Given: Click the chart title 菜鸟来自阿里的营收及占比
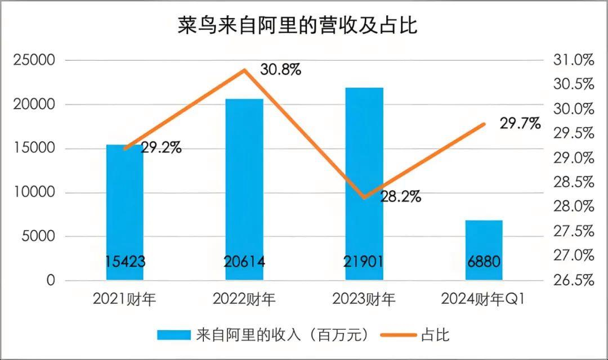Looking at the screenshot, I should (298, 25).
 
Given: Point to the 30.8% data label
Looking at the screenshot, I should (280, 70).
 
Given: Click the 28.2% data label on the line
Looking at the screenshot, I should (400, 197).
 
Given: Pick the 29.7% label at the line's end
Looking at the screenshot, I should (520, 124).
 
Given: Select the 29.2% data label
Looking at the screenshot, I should (161, 148).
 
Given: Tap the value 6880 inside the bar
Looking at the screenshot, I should (484, 262).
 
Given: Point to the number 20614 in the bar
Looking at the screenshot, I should (244, 262).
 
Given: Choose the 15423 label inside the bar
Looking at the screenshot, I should (125, 262).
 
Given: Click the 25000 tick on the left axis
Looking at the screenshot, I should (34, 60).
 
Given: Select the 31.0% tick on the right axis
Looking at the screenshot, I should (575, 60).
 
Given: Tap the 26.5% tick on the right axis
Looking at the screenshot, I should (575, 280).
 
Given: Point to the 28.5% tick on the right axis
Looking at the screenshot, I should (575, 182).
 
